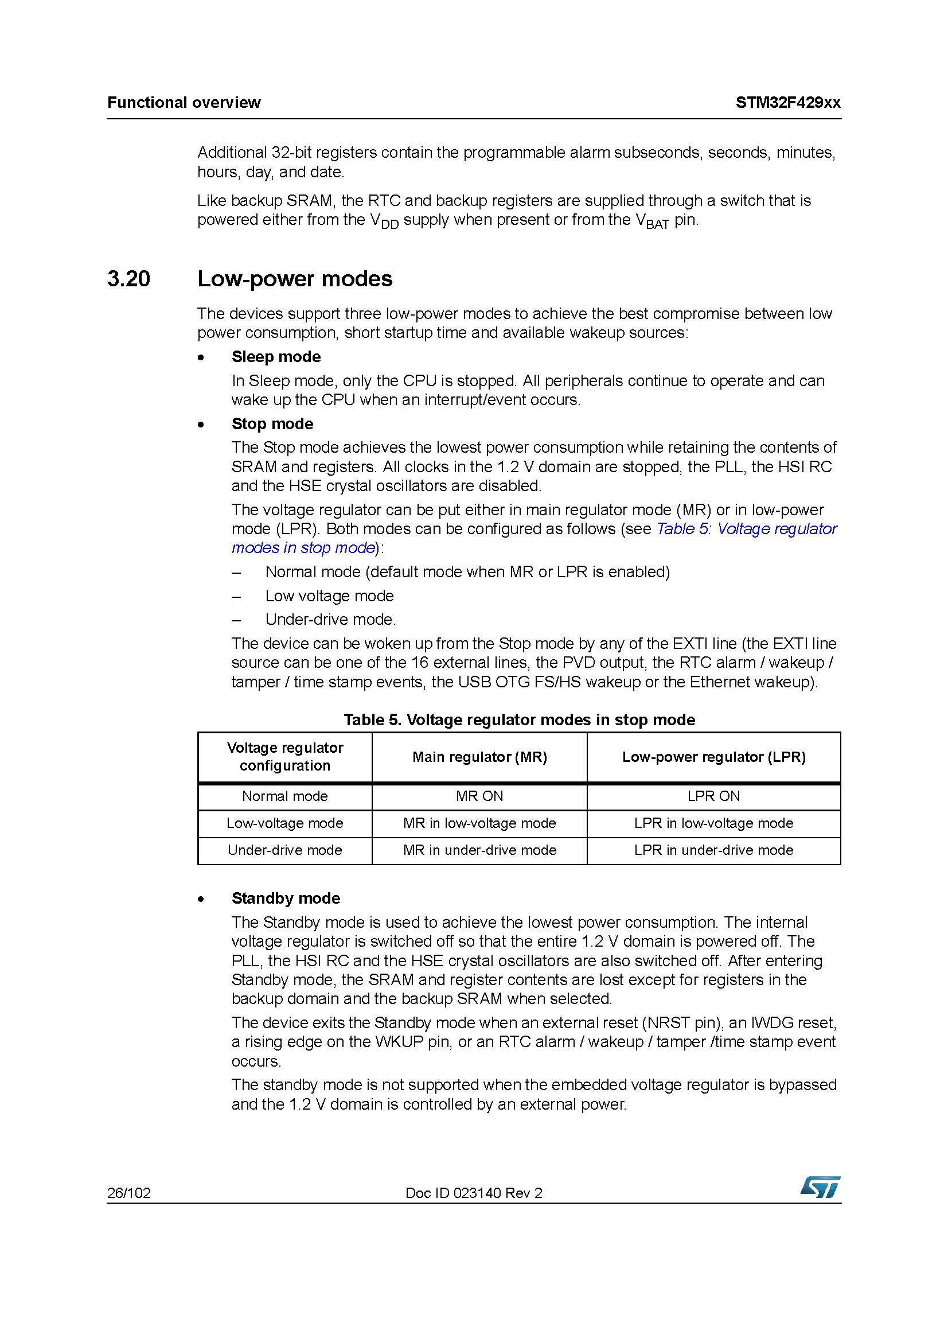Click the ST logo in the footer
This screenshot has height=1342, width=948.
pyautogui.click(x=821, y=1187)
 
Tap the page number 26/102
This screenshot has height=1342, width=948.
pyautogui.click(x=128, y=1193)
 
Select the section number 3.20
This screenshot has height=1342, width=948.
pyautogui.click(x=128, y=279)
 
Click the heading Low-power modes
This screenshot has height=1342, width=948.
pyautogui.click(x=294, y=279)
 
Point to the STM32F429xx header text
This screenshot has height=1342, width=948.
pyautogui.click(x=788, y=103)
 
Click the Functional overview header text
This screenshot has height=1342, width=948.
pyautogui.click(x=184, y=103)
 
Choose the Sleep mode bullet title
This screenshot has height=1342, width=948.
pyautogui.click(x=276, y=356)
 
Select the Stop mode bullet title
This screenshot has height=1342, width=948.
pyautogui.click(x=272, y=424)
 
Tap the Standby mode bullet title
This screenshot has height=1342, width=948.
pyautogui.click(x=286, y=898)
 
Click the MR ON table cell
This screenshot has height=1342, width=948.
pyautogui.click(x=479, y=796)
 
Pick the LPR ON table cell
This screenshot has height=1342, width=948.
pyautogui.click(x=713, y=796)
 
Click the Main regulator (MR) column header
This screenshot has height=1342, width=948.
pyautogui.click(x=479, y=757)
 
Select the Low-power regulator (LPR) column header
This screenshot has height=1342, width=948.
pyautogui.click(x=713, y=757)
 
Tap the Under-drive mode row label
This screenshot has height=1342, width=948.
pyautogui.click(x=285, y=850)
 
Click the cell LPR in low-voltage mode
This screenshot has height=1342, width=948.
pyautogui.click(x=713, y=823)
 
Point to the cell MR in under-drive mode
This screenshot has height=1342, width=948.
pyautogui.click(x=479, y=850)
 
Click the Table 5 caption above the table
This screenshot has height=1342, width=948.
pyautogui.click(x=519, y=719)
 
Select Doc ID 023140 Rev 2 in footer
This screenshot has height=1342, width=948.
pyautogui.click(x=474, y=1193)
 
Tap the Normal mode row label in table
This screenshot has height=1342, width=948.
pyautogui.click(x=285, y=796)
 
